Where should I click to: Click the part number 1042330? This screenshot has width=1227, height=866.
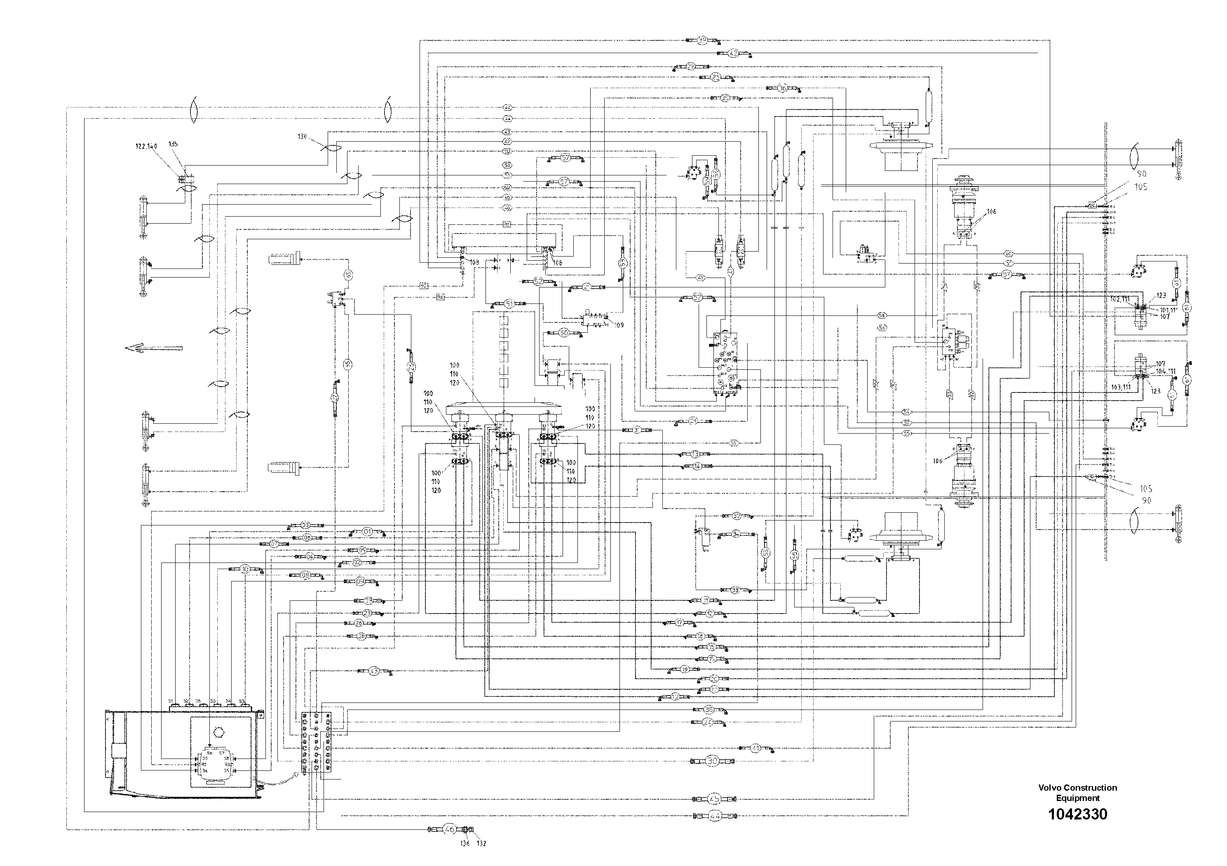[x=1077, y=814]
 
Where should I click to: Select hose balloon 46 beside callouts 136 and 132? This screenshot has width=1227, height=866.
[x=449, y=830]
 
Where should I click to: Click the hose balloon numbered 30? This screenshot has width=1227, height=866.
[x=712, y=761]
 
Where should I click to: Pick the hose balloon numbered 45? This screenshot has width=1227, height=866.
[x=714, y=799]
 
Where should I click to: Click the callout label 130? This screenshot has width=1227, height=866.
[x=303, y=137]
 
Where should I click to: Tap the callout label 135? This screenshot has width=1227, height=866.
[x=173, y=144]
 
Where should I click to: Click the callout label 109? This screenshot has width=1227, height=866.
[x=619, y=324]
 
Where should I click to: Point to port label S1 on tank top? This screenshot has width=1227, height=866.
[x=171, y=701]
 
